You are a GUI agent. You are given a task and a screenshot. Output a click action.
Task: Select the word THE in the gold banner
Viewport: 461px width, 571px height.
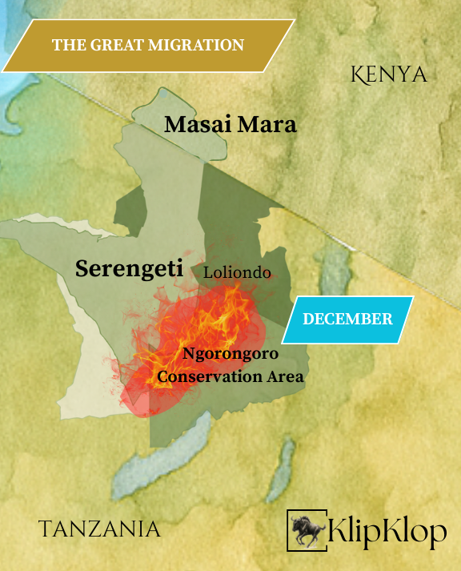pos(66,45)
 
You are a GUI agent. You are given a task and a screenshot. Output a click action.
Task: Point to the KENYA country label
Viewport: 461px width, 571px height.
pos(389,74)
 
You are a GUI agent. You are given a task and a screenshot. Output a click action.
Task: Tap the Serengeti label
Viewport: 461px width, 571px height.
pos(129,268)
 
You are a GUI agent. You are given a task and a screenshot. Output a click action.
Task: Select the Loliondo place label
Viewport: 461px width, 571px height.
pos(237,272)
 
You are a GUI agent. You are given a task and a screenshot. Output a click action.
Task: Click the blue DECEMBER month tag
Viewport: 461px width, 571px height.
pos(347,319)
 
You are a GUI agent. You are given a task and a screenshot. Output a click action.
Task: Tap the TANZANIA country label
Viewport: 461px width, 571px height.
pos(99,529)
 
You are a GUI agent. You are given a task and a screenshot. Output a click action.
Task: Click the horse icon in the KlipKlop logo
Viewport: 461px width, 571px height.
pos(307,529)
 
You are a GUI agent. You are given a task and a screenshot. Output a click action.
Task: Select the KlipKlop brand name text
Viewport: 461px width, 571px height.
pos(387,531)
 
